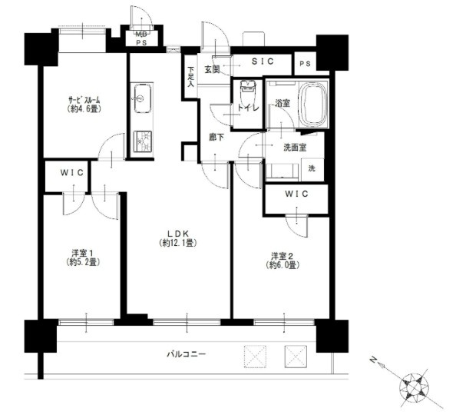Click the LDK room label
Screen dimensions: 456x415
pyautogui.click(x=178, y=238)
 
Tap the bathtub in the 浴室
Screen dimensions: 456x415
pyautogui.click(x=313, y=104)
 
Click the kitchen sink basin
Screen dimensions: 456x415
pyautogui.click(x=142, y=98)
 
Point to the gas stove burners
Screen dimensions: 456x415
pyautogui.click(x=142, y=141)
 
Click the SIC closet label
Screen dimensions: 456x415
pyautogui.click(x=263, y=61)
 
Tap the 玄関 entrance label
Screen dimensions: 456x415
pyautogui.click(x=212, y=70)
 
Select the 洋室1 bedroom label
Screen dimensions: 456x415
pyautogui.click(x=83, y=257)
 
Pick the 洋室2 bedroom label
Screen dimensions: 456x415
pyautogui.click(x=283, y=261)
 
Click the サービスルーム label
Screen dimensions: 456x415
pyautogui.click(x=84, y=105)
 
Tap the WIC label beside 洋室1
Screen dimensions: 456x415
pyautogui.click(x=72, y=173)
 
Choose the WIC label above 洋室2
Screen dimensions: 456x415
pyautogui.click(x=296, y=194)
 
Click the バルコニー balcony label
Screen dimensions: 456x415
pyautogui.click(x=187, y=354)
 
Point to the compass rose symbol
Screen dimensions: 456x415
pyautogui.click(x=415, y=387)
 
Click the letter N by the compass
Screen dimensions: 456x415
pyautogui.click(x=372, y=360)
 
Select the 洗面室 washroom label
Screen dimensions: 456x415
pyautogui.click(x=295, y=148)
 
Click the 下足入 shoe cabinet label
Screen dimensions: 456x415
pyautogui.click(x=190, y=78)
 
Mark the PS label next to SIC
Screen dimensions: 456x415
pyautogui.click(x=305, y=64)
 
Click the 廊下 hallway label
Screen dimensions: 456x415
pyautogui.click(x=217, y=137)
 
